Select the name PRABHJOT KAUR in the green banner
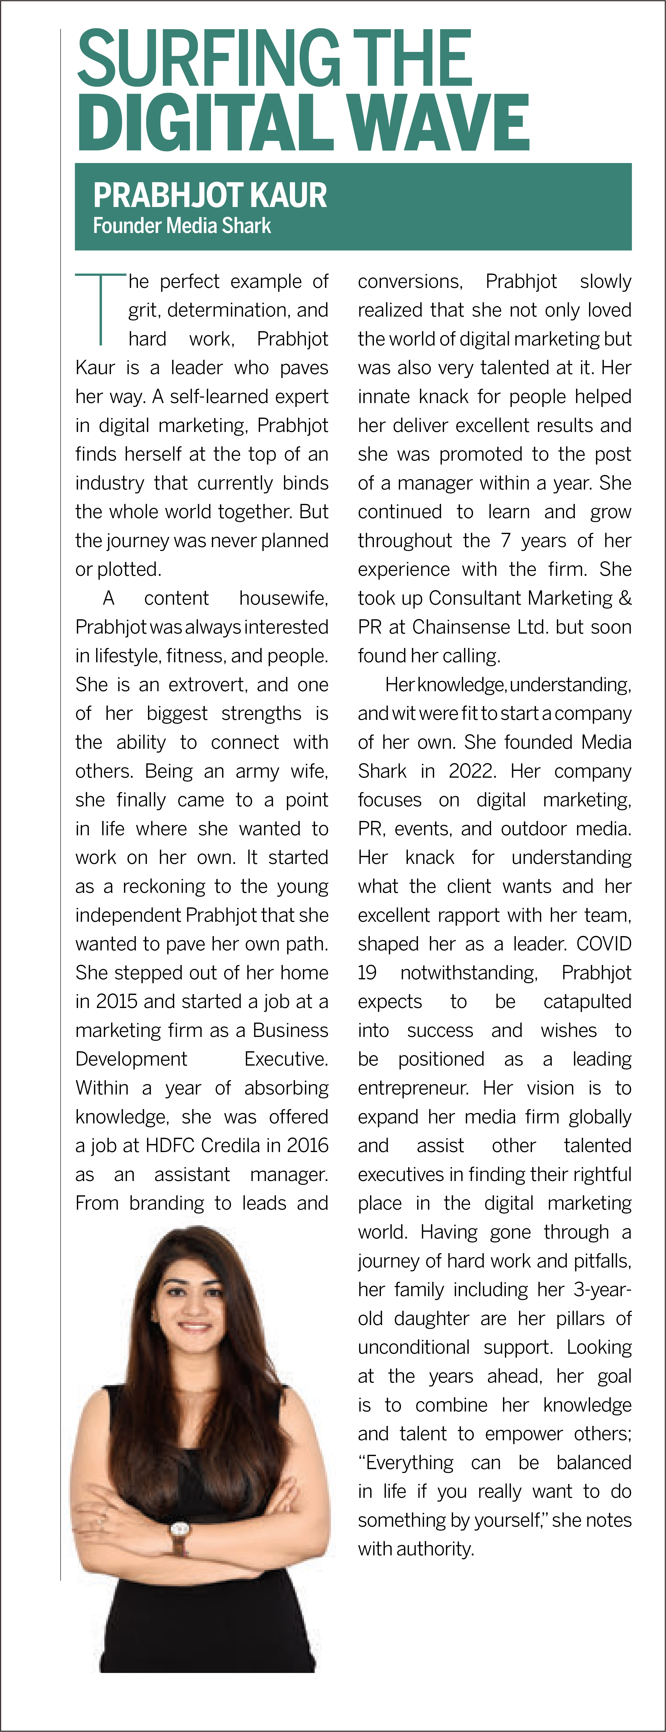click(x=210, y=196)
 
